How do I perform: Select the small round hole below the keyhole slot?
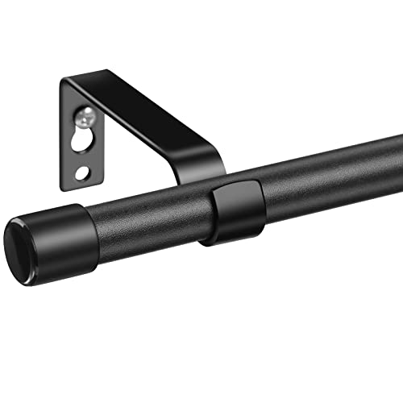point(83,172)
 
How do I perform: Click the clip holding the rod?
point(234,211)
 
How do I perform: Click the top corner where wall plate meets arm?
point(67,79)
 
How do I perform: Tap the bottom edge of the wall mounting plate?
point(81,185)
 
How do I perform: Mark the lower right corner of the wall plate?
point(99,182)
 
